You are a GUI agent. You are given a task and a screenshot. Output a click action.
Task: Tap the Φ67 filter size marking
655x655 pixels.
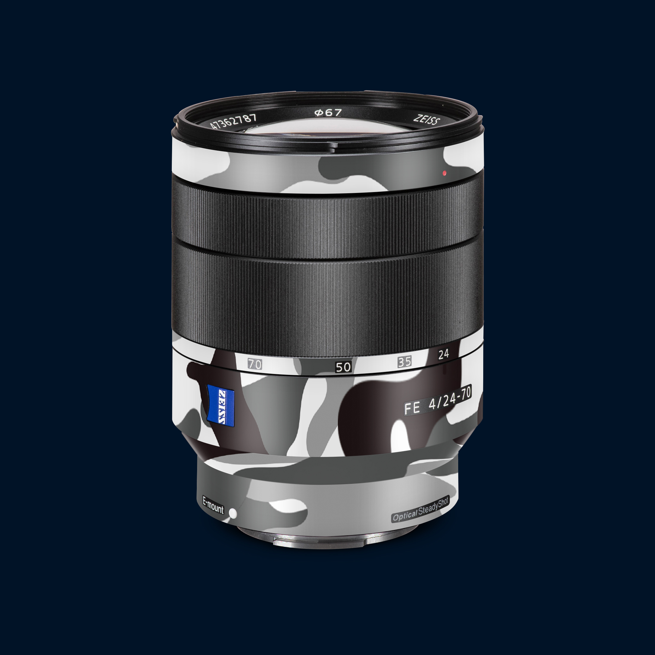click(x=328, y=113)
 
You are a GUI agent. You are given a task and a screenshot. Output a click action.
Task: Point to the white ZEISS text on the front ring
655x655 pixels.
click(x=427, y=120)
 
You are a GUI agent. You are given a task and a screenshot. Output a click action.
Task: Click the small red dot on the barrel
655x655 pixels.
click(x=444, y=173)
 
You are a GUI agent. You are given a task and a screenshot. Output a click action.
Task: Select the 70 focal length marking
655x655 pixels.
click(x=255, y=364)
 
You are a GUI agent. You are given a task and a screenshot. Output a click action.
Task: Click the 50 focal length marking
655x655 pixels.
click(x=343, y=367)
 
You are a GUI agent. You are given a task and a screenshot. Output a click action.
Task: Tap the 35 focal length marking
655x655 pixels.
click(x=404, y=362)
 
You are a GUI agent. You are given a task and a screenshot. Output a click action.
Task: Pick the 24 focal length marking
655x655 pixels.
click(x=443, y=354)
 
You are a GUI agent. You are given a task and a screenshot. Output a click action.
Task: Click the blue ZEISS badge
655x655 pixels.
click(x=221, y=405)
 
